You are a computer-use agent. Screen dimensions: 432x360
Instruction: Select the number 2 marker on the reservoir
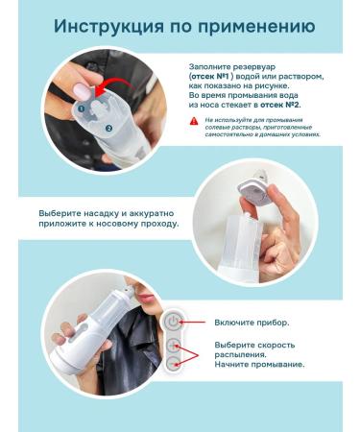[x=109, y=127]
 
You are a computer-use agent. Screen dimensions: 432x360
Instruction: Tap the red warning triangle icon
[x=195, y=122]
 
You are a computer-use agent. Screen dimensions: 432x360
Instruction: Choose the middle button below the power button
[x=175, y=346]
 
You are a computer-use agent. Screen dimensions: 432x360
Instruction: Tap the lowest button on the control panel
[x=175, y=364]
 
